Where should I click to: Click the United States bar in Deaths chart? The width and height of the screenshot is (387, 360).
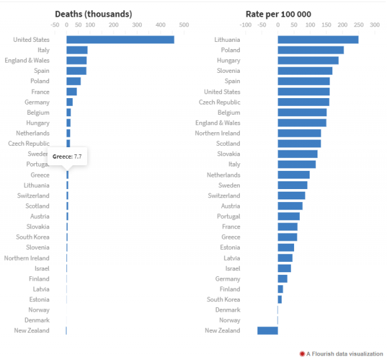[x=120, y=39]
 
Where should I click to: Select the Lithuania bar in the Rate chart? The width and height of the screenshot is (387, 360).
[x=318, y=39]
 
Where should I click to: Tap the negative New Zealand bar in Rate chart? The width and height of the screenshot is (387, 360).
[x=268, y=330]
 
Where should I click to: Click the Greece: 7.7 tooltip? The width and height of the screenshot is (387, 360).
[x=67, y=157]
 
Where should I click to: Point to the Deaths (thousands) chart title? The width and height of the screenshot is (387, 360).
[x=94, y=14]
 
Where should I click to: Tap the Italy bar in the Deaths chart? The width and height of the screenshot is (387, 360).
[x=77, y=50]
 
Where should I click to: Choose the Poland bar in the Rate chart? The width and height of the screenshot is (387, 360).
[x=311, y=50]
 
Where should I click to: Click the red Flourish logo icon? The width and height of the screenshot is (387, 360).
[x=302, y=354]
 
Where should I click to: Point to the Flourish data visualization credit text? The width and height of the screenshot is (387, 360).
[x=344, y=354]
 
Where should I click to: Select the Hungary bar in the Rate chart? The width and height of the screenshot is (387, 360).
[x=308, y=60]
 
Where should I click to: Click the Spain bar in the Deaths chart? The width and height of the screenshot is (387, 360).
[x=76, y=70]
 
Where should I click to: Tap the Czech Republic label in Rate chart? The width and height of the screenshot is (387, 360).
[x=219, y=102]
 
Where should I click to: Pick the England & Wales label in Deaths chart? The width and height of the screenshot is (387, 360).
[x=27, y=60]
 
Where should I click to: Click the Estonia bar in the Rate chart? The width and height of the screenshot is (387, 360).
[x=286, y=247]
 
